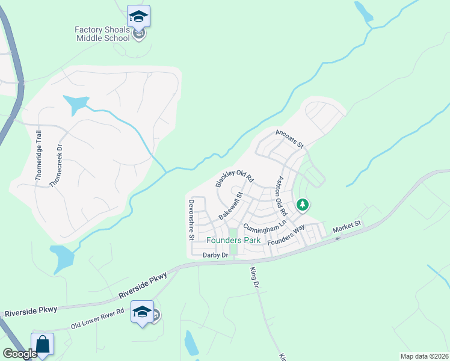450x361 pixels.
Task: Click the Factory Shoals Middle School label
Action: [x=102, y=34]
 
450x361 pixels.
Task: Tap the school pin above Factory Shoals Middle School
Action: [x=139, y=17]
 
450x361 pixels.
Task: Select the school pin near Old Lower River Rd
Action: [x=143, y=313]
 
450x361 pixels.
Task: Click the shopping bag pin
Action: [x=43, y=345]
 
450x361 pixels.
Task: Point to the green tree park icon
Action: [x=303, y=206]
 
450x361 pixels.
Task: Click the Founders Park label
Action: [x=234, y=240]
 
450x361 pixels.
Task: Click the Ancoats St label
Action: [x=291, y=138]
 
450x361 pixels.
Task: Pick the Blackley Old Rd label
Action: [x=235, y=175]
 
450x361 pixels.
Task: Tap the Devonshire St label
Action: [x=191, y=220]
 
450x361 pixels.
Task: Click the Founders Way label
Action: [x=286, y=234]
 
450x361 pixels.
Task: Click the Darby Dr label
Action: [x=216, y=255]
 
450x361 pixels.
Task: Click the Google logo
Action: [x=19, y=354]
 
